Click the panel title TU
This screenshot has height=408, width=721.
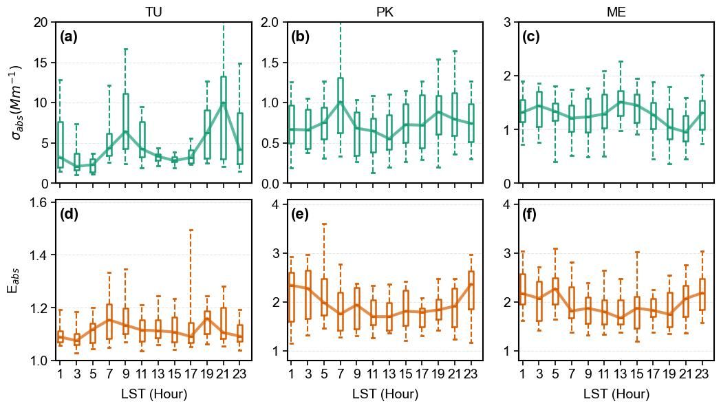point(153,12)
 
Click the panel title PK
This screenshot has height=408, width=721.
point(385,12)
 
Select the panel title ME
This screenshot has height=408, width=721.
point(616,12)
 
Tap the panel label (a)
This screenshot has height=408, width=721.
point(69,37)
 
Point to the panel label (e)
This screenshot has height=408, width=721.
point(300,214)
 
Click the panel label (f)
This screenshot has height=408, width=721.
point(531,214)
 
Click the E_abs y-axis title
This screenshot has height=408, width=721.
point(13,279)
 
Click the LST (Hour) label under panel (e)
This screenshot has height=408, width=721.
point(385,394)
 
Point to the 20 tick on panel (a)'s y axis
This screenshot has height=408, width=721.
point(41,22)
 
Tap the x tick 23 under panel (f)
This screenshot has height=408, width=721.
point(701,374)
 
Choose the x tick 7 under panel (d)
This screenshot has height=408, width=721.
point(109,374)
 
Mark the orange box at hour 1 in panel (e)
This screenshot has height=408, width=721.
point(291,297)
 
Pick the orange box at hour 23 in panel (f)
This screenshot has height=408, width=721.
point(702,294)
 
